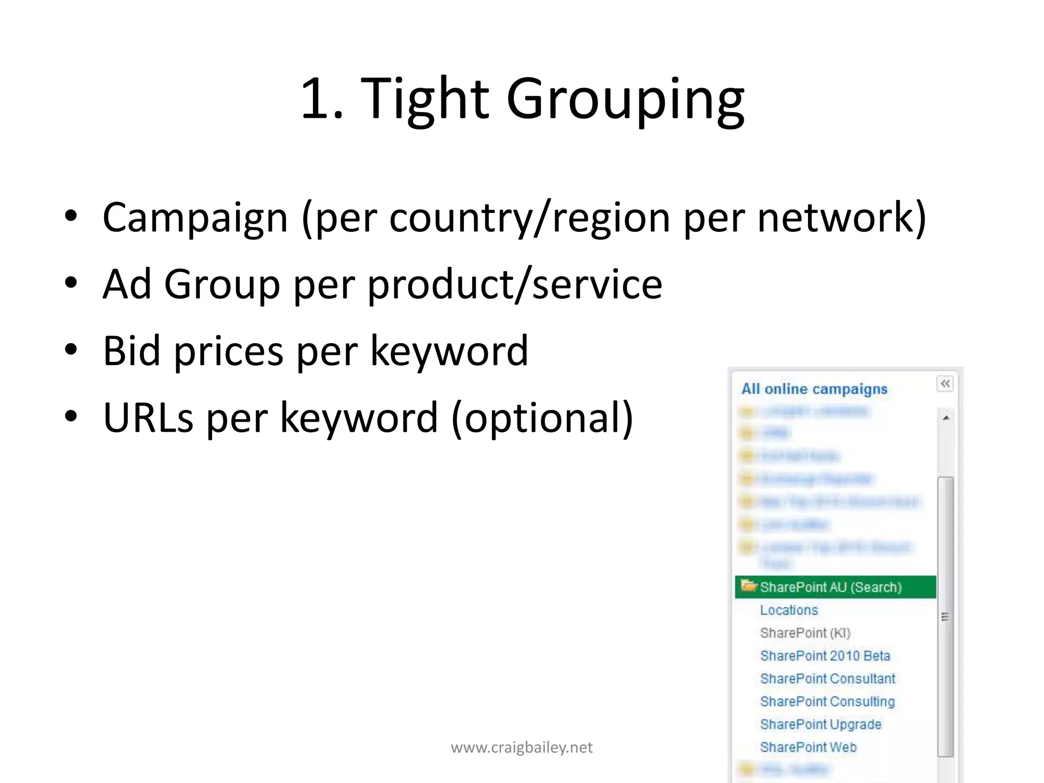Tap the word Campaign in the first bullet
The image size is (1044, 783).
(195, 218)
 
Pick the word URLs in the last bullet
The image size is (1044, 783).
(148, 418)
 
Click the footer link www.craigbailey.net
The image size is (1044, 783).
(521, 747)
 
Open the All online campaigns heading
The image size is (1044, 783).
(814, 389)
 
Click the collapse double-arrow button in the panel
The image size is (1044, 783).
(945, 383)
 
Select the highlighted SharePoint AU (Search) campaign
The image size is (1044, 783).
(831, 587)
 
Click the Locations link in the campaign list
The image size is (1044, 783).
(789, 610)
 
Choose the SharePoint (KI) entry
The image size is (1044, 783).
(805, 633)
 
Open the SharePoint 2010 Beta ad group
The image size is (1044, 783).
(825, 656)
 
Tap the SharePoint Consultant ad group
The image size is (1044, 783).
(827, 679)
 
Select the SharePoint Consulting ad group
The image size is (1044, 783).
(827, 702)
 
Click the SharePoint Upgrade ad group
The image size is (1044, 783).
(821, 724)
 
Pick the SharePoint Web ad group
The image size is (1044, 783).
(808, 747)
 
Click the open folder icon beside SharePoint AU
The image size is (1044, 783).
(748, 586)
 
